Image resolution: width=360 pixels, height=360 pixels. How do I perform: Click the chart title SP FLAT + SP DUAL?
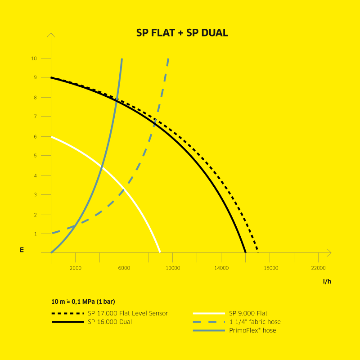[x=182, y=33]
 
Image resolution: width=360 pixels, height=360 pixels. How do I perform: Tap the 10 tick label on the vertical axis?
[x=34, y=58]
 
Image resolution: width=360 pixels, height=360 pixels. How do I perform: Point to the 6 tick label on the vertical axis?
[x=36, y=137]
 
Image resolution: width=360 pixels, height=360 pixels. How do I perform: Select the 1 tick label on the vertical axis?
[x=36, y=234]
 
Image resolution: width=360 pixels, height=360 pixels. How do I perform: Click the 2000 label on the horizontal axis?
[x=76, y=268]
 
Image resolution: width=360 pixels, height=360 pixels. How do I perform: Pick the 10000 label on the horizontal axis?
[x=173, y=268]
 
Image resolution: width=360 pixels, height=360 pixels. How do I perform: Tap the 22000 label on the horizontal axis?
[x=319, y=268]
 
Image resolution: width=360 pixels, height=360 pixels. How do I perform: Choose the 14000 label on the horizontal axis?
[x=221, y=268]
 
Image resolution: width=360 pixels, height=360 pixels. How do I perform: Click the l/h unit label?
[x=327, y=281]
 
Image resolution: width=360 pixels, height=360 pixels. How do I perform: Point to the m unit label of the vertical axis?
[x=22, y=250]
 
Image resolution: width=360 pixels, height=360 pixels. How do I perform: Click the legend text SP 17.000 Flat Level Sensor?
[x=128, y=313]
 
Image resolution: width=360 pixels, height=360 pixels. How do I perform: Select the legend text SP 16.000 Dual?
[x=110, y=322]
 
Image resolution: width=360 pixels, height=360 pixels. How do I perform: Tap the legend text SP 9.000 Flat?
[x=248, y=313]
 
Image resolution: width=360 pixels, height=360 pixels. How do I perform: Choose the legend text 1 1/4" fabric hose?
[x=255, y=322]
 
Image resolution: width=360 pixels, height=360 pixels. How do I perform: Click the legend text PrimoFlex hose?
[x=252, y=330]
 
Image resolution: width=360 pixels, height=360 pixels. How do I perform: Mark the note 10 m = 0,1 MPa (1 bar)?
[x=83, y=301]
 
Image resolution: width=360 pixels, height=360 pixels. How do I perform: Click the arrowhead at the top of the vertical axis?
[x=51, y=33]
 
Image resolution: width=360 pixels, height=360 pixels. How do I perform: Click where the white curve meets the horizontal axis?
[x=160, y=252]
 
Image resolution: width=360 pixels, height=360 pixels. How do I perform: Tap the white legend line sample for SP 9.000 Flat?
[x=209, y=313]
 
